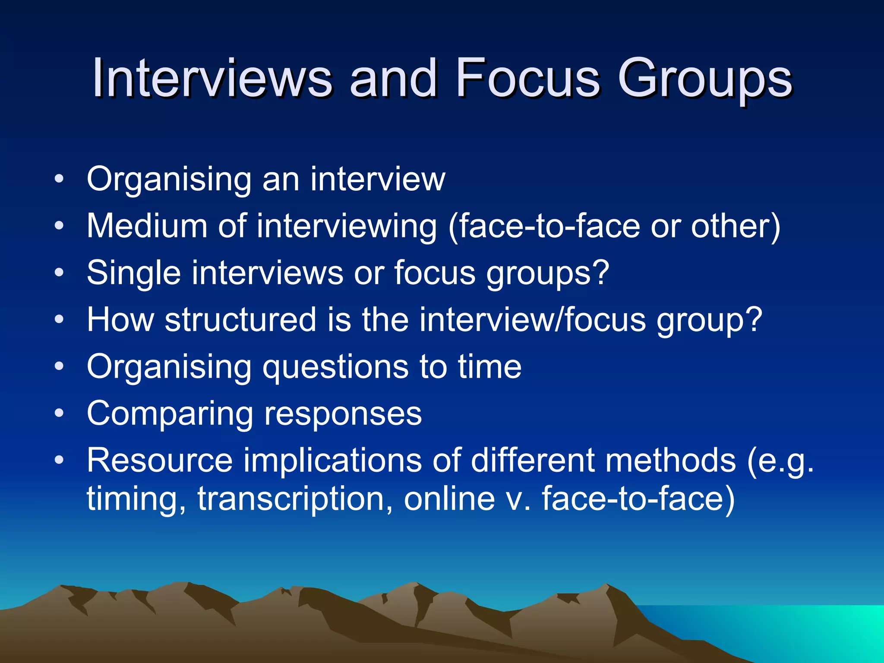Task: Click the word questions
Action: tap(335, 367)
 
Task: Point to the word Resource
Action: tap(160, 460)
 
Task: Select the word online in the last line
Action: tap(449, 498)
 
